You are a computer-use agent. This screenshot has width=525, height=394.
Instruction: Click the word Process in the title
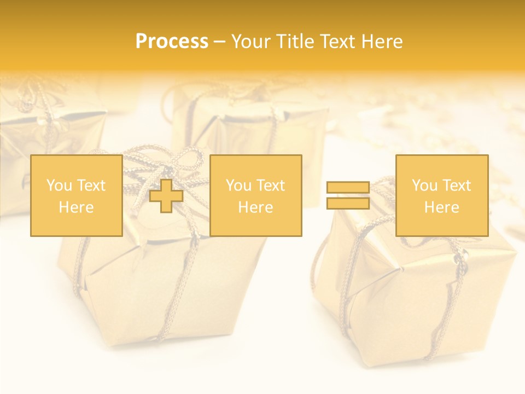pos(172,42)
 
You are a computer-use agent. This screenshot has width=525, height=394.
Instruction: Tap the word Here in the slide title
pos(381,42)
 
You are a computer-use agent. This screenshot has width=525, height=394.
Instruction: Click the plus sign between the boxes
pos(166,196)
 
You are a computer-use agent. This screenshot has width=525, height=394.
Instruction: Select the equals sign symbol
pos(348,195)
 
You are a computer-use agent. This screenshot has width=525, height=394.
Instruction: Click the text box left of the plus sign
pos(77,195)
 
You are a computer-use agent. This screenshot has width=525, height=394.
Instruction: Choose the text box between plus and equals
pos(256,195)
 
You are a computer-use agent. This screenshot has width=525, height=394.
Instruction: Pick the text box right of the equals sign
pos(442,195)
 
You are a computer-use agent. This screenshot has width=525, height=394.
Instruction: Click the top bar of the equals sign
pos(348,188)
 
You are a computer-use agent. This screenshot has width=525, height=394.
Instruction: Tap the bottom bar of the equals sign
pos(348,203)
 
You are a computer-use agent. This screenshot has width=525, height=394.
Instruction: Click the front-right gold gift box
pos(416,296)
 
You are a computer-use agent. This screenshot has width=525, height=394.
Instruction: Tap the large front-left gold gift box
pos(159,285)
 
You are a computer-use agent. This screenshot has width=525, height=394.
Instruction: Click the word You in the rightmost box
pos(424,186)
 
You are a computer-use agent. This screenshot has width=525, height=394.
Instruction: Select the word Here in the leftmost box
pos(77,207)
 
